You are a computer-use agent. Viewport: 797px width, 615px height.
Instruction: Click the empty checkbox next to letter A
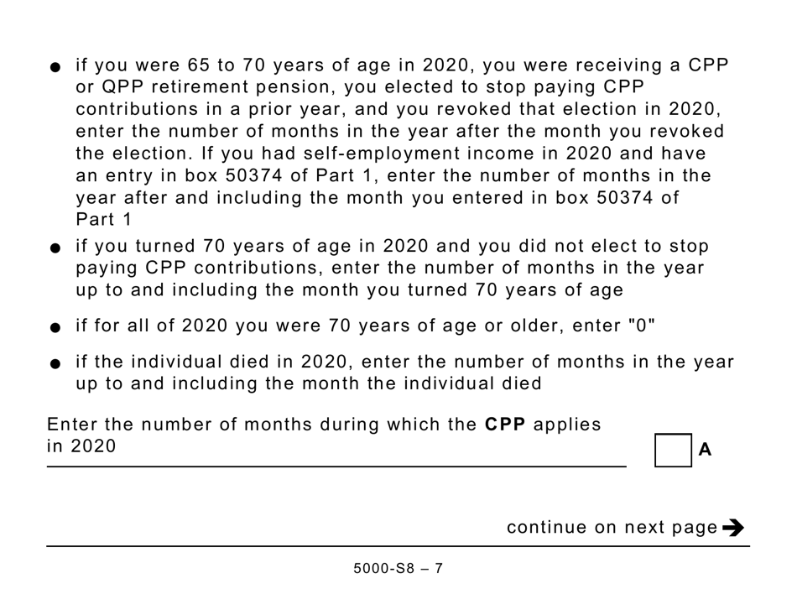673,450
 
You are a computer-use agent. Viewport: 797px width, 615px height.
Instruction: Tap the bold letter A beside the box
705,450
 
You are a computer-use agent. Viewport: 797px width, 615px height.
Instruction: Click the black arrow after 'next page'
733,528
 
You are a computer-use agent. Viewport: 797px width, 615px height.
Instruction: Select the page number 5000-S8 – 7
398,568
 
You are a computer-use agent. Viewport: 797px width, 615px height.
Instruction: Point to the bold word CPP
505,425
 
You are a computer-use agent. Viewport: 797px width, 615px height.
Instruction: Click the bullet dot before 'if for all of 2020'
55,326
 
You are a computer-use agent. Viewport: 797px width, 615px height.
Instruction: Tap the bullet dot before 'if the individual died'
55,363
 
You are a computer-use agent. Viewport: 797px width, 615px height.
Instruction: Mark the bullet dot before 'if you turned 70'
55,248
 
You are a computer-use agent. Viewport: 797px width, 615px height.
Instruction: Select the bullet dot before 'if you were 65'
55,68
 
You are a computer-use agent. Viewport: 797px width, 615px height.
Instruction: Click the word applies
568,425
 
